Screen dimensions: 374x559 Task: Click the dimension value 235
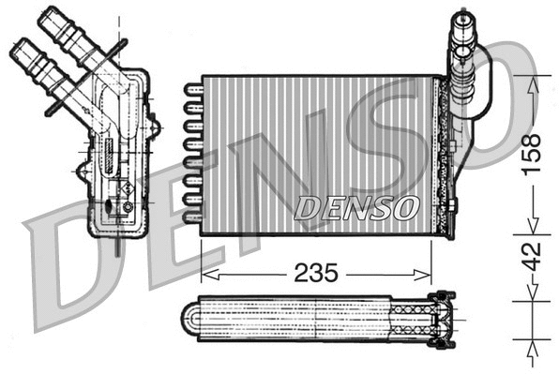pos(315,273)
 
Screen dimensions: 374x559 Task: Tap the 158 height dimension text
pos(532,156)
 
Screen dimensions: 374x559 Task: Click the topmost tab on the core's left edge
pos(192,90)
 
